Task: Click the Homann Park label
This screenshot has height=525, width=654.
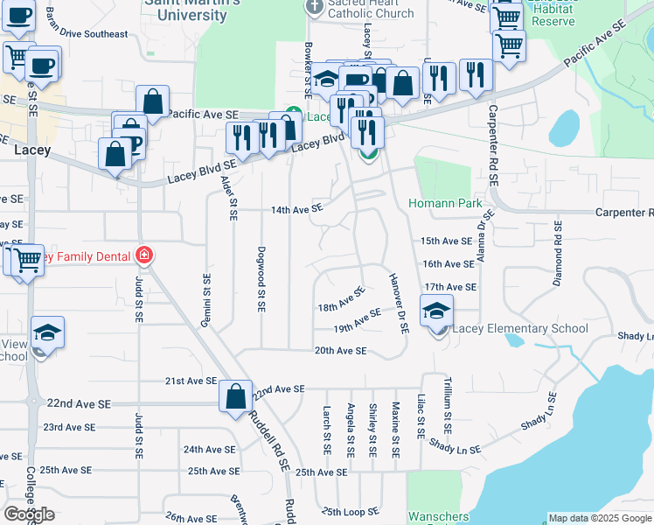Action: tap(445, 204)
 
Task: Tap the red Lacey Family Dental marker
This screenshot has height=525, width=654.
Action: tap(144, 256)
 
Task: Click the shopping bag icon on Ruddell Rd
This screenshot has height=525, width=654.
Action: tap(236, 395)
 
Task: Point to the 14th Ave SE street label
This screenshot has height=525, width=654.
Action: tap(296, 210)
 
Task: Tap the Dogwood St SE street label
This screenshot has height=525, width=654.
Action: tap(261, 278)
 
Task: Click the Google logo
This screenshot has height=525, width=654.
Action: tap(29, 514)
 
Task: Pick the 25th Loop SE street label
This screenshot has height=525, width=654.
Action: tap(351, 511)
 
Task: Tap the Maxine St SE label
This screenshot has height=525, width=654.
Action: tap(395, 430)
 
